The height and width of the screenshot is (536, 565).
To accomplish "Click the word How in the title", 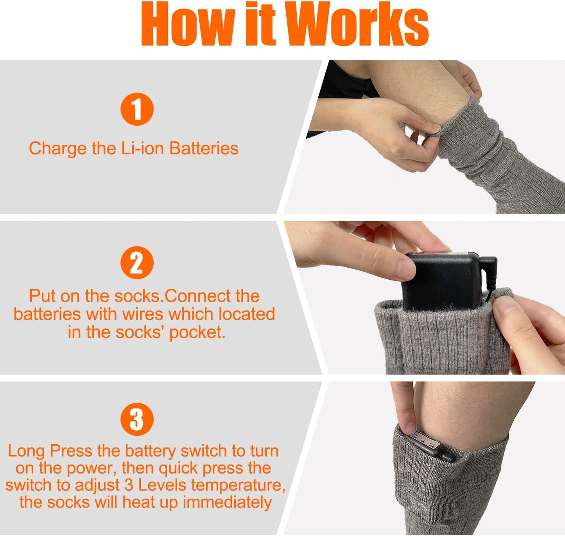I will pos(188,24).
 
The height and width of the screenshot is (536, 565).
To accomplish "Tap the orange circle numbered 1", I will pos(137,109).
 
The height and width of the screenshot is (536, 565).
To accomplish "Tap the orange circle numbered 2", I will pos(137,263).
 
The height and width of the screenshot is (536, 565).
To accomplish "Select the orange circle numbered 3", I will pos(137,419).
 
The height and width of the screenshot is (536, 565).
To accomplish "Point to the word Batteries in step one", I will pos(204,149).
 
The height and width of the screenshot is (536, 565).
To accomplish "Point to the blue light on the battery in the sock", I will pos(413,433).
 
